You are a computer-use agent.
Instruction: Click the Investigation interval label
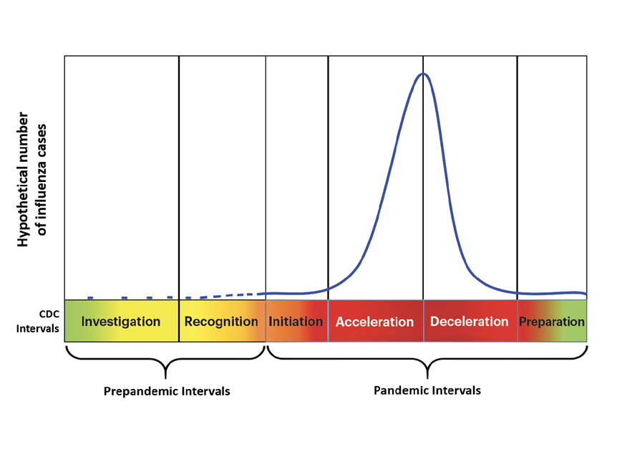pyautogui.click(x=121, y=322)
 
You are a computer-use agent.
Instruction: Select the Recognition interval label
pyautogui.click(x=221, y=322)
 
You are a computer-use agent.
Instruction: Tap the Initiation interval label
pyautogui.click(x=296, y=322)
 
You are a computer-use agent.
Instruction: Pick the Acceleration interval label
pyautogui.click(x=374, y=322)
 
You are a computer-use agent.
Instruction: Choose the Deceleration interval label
pyautogui.click(x=469, y=322)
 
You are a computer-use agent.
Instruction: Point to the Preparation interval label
pyautogui.click(x=552, y=322)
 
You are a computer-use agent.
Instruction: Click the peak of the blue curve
pyautogui.click(x=423, y=74)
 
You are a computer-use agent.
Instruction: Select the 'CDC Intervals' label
pyautogui.click(x=45, y=321)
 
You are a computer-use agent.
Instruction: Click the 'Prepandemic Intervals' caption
pyautogui.click(x=167, y=392)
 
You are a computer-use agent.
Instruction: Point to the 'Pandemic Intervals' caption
pyautogui.click(x=427, y=390)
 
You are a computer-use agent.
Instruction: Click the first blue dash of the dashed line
pyautogui.click(x=90, y=297)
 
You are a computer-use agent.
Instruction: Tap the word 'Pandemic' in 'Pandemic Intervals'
pyautogui.click(x=403, y=390)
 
